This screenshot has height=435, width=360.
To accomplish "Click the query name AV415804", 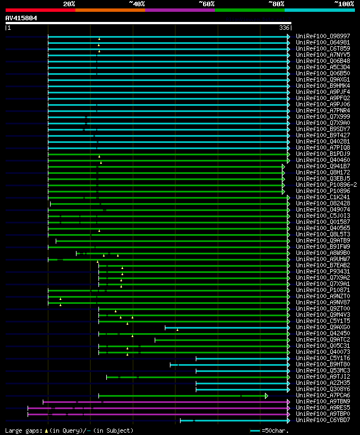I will (21, 18).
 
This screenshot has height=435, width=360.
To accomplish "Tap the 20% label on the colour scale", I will (69, 4).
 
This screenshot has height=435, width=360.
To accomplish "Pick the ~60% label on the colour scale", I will (206, 4).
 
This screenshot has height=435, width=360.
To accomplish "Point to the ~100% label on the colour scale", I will (344, 4).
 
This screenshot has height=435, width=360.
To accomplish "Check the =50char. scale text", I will (276, 430).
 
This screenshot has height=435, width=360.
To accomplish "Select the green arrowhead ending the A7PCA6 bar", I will (267, 396).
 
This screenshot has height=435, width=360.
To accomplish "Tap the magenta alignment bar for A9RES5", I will (157, 408).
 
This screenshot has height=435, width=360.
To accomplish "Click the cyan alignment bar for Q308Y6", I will (242, 389).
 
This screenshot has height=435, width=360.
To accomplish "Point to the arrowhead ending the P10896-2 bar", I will (283, 185).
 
